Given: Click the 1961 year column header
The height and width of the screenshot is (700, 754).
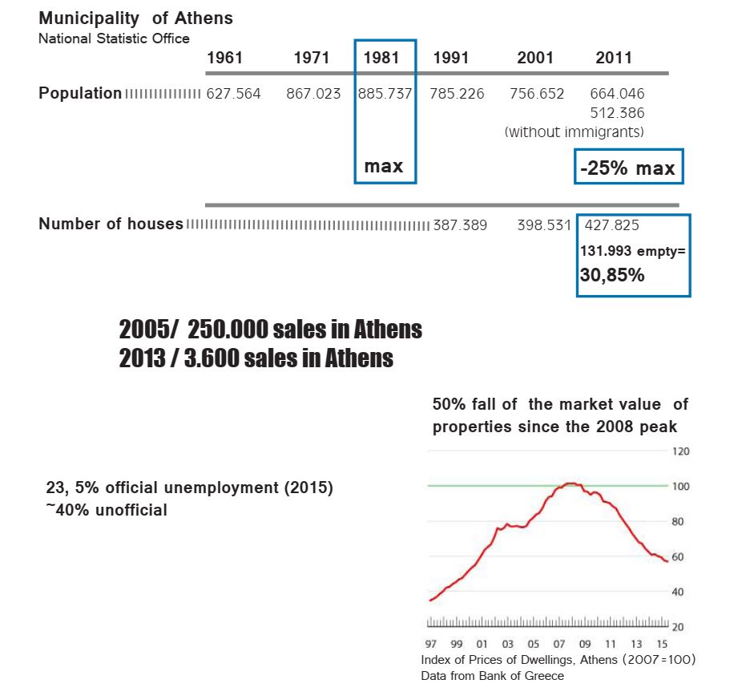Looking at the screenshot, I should pos(224,58).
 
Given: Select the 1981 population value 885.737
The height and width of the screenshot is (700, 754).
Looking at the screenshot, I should pos(385,94).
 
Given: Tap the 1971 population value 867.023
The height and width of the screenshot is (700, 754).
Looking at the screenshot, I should pos(313,94).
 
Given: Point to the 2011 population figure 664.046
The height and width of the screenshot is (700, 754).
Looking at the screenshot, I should pos(617,94).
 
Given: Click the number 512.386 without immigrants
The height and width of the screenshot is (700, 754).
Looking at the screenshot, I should pos(617,113).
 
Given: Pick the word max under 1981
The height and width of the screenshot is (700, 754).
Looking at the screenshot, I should pos(384,167).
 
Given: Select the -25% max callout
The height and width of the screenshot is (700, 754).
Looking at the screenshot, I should pos(627,168).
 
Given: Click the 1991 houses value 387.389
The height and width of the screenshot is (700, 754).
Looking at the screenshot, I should pos(460,225).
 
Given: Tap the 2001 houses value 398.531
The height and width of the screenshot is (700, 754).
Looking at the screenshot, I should pos(544,225).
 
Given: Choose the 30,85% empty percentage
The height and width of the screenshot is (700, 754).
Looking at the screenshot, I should pos(612,276).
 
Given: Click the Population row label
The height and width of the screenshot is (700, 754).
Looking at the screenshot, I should pos(80,93).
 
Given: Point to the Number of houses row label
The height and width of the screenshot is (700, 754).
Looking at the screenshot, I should pos(111,225).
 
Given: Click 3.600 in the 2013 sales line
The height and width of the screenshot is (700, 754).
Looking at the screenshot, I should pos(211,358).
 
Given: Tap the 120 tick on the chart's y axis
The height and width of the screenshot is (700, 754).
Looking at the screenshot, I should pos(679,451).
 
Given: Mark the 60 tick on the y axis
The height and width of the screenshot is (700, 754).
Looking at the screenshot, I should pos(679,556).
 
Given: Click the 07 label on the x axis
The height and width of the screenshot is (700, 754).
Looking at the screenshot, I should pos(558,644).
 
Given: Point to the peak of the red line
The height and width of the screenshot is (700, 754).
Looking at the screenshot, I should pos(570,484).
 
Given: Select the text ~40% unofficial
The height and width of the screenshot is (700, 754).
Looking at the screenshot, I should pos(107,509).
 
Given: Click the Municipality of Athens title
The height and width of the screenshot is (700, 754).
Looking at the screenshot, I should pos(135,18).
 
